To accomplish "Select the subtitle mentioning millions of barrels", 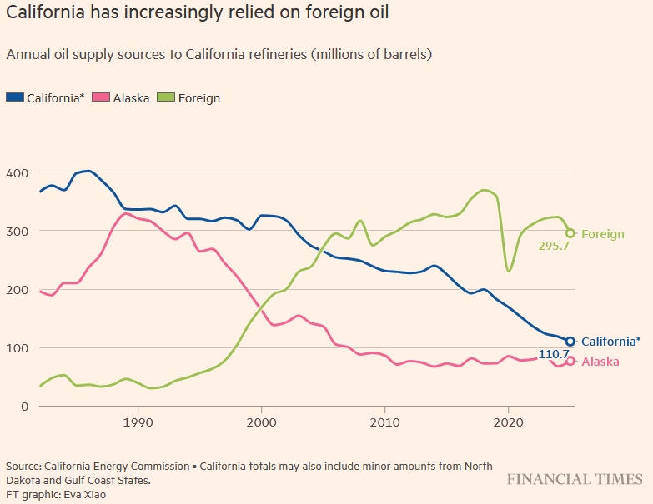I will coord(219,55).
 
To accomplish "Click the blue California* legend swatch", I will coord(16,97).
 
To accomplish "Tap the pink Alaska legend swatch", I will coord(101,97).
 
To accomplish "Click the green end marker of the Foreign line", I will coord(570,233).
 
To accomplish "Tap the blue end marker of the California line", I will coord(570,342).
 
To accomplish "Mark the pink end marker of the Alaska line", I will coord(570,362).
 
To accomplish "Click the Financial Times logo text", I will coord(575,479).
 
